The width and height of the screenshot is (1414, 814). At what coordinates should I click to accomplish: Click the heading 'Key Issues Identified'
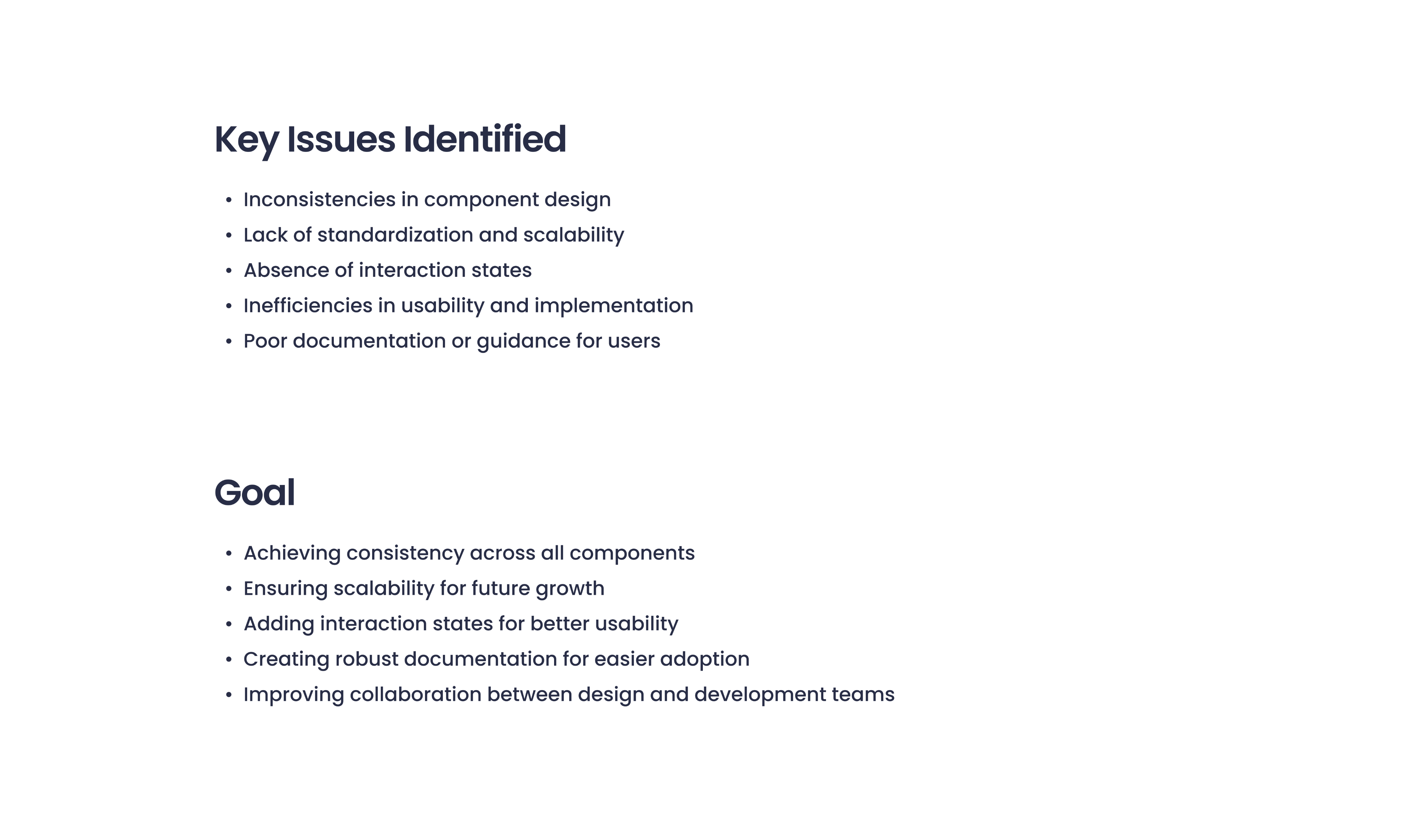tap(390, 140)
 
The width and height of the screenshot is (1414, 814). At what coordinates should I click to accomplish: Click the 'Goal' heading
tap(254, 493)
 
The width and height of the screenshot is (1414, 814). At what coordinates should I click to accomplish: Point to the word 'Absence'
tap(286, 270)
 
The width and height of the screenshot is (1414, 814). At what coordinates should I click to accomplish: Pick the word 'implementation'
tap(614, 306)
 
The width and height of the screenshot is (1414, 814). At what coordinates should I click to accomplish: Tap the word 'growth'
tap(570, 589)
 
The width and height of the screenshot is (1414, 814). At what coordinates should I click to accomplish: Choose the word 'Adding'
tap(279, 624)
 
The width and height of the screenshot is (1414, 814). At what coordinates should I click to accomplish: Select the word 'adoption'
tap(705, 660)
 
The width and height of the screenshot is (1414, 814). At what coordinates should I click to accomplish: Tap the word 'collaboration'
tap(415, 694)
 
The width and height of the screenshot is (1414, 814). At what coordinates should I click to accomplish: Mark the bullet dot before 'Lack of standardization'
tap(229, 235)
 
